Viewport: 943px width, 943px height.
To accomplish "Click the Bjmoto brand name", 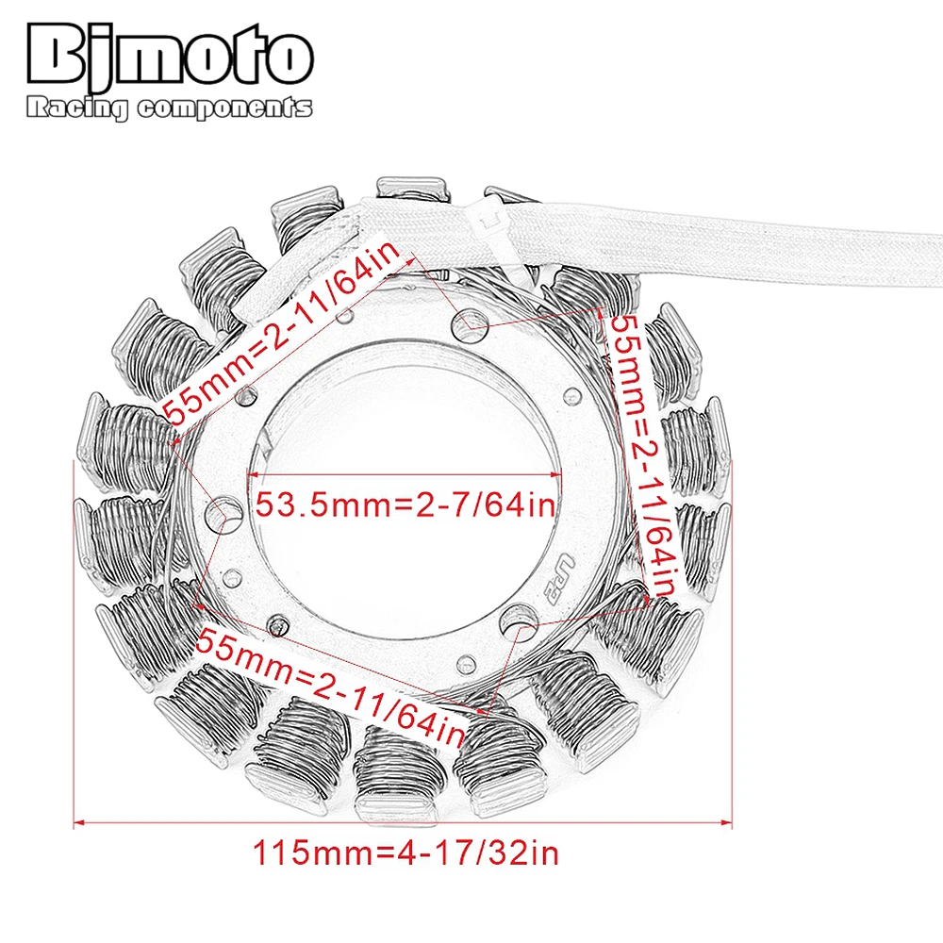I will (169, 56).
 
